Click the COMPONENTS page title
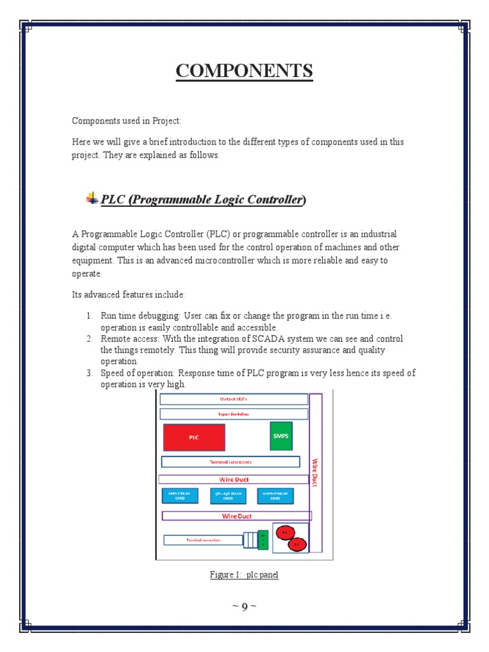(x=244, y=71)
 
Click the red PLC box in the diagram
(x=194, y=437)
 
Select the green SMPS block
(x=281, y=436)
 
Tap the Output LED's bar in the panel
(x=234, y=399)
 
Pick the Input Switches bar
(x=234, y=414)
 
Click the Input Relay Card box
(x=180, y=496)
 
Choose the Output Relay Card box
(x=275, y=496)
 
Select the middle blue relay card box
(x=228, y=496)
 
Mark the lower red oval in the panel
(x=297, y=544)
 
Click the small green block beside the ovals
(x=263, y=540)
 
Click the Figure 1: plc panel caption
(x=244, y=575)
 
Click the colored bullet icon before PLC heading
(x=92, y=199)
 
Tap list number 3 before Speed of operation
(x=90, y=373)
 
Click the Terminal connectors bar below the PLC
(x=230, y=462)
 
